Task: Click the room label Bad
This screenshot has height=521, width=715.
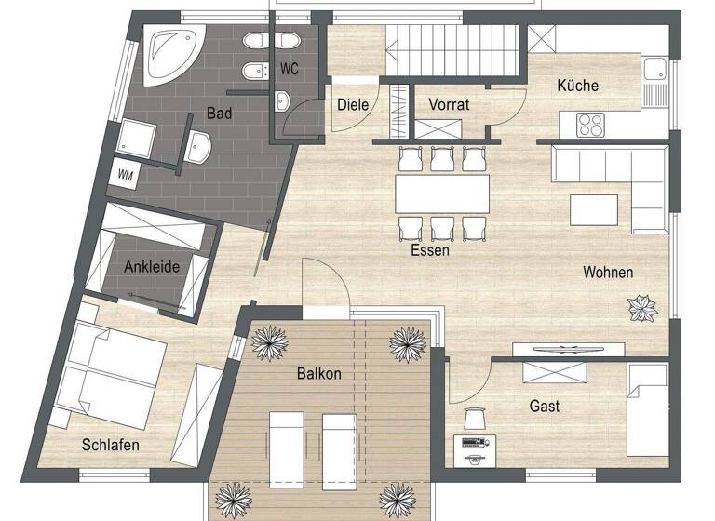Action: click(x=219, y=114)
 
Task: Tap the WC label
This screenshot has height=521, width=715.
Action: click(x=289, y=68)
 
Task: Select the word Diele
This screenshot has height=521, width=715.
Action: click(x=354, y=104)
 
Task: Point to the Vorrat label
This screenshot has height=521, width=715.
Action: click(x=449, y=104)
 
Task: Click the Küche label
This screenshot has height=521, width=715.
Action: click(x=577, y=86)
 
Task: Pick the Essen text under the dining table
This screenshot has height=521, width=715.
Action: click(x=429, y=250)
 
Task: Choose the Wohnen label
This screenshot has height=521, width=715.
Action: click(x=608, y=273)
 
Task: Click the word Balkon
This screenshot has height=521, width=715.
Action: click(x=319, y=374)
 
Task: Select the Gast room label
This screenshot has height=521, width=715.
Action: click(x=545, y=407)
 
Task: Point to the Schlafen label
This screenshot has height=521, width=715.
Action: click(x=110, y=446)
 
